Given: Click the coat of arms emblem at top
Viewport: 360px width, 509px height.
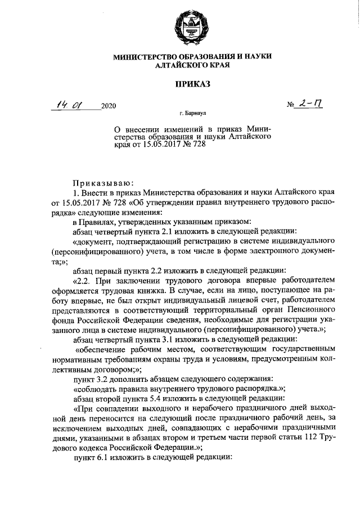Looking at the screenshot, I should coord(179,28).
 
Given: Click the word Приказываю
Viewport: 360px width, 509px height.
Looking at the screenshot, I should coord(102,182).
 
